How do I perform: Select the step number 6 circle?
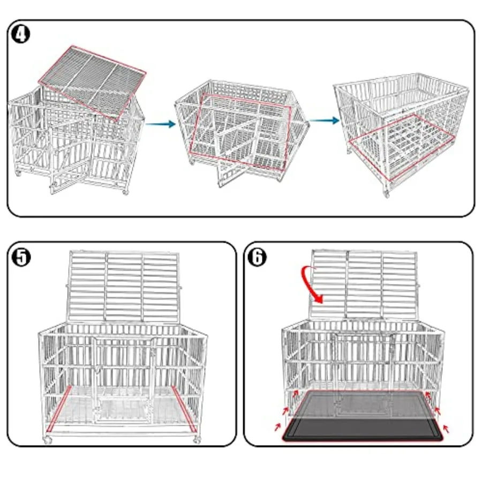click(x=258, y=257)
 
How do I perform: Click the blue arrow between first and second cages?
click(x=161, y=124)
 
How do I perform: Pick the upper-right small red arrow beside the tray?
click(x=438, y=411)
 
